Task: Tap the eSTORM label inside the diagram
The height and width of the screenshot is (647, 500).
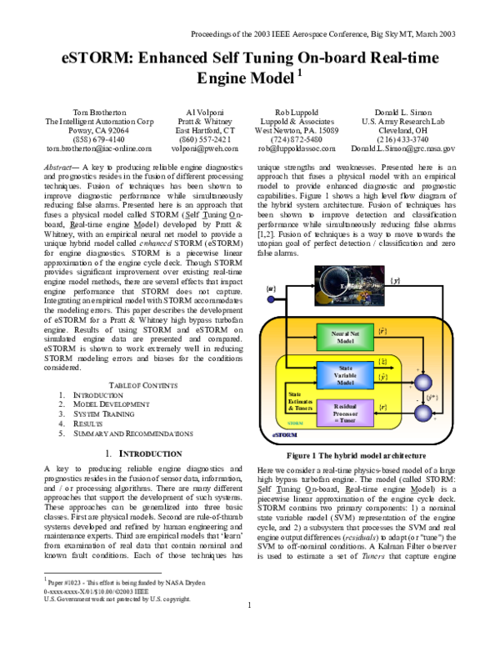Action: point(285,434)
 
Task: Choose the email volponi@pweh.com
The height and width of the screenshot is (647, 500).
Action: point(205,148)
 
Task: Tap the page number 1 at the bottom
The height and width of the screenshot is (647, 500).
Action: point(249,628)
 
